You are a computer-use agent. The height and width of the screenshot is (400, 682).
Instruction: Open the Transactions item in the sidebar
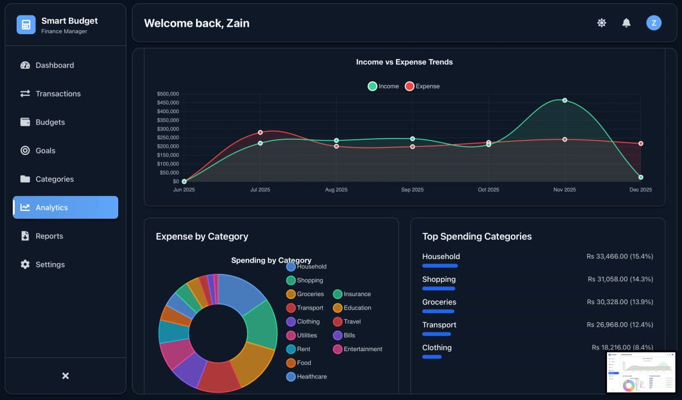click(57, 94)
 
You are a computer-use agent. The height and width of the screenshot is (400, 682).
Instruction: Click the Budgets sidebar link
click(50, 122)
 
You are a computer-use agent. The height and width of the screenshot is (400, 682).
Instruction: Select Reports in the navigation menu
click(49, 236)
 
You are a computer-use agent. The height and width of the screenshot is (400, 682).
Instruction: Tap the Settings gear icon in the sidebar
click(25, 264)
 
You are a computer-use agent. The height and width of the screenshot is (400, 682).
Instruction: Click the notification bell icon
click(626, 23)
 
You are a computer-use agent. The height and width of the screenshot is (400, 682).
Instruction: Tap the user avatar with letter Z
click(654, 23)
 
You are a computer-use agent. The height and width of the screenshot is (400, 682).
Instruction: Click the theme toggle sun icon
click(601, 23)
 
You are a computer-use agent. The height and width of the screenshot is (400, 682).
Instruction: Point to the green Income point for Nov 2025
click(564, 100)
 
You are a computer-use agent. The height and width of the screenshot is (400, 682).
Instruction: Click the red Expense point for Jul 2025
click(260, 132)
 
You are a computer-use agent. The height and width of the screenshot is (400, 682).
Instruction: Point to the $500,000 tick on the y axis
click(168, 94)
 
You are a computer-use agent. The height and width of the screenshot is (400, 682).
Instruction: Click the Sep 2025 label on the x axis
click(412, 190)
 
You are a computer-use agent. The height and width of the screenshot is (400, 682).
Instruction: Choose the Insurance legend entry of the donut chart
click(352, 294)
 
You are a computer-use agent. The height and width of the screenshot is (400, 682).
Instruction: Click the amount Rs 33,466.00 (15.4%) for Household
click(619, 256)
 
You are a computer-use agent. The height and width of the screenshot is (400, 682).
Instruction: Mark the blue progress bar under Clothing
click(432, 357)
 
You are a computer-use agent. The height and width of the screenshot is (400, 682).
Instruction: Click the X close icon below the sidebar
click(65, 376)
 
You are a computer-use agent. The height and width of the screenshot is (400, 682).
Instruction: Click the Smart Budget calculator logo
click(26, 25)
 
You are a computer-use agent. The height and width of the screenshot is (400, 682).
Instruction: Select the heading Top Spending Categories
click(477, 236)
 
